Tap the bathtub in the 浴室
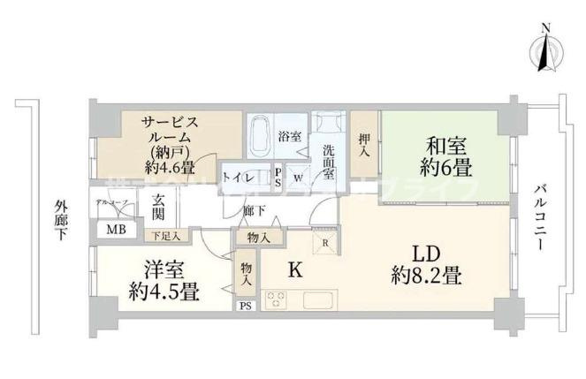[260, 138]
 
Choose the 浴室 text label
[289, 137]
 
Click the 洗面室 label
[329, 161]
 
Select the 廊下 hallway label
[255, 211]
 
